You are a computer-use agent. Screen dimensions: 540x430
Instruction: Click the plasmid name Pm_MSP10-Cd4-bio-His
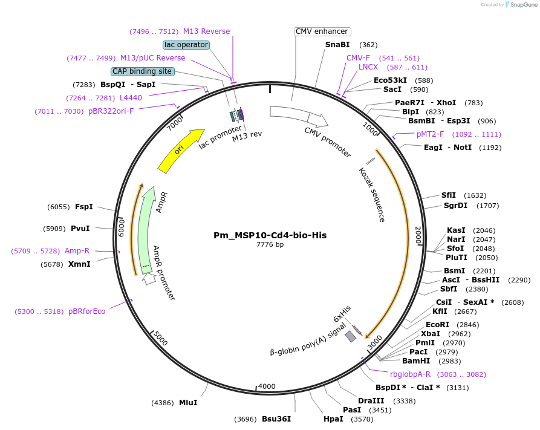point(270,235)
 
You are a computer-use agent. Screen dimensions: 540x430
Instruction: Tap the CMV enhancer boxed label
point(322,31)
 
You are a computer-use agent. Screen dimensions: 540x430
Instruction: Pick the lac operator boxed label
point(186,45)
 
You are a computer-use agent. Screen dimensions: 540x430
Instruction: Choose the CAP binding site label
point(142,71)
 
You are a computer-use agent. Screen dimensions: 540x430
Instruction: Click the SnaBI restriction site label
point(337,45)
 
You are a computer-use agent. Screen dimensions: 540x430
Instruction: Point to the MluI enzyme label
point(188,403)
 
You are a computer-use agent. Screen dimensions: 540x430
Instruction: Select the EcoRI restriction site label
point(437,325)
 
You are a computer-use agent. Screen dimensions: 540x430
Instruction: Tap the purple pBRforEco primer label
point(86,311)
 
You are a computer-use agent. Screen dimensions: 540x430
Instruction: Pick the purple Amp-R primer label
point(77,251)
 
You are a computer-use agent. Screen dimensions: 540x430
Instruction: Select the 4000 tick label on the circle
point(267,386)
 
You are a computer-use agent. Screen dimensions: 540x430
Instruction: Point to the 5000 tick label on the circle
point(159,337)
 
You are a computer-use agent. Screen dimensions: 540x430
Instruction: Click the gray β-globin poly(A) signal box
point(350,336)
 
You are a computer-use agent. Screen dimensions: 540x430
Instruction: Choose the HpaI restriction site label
point(333,419)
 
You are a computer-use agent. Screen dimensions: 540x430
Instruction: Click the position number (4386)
point(162,403)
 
